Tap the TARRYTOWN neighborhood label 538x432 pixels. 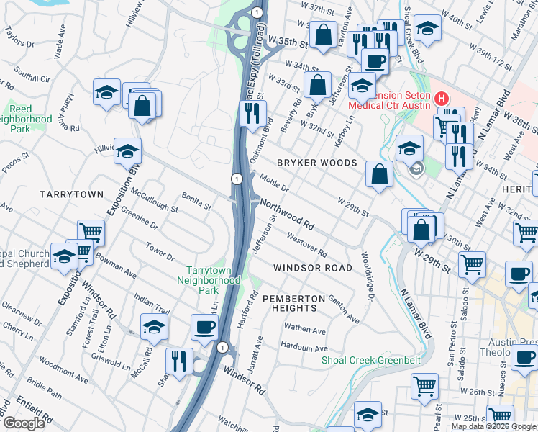click(72, 195)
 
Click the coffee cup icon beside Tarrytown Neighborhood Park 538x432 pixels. click(205, 328)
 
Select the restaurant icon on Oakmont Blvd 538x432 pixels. click(252, 113)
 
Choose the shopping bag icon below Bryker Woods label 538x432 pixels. click(379, 174)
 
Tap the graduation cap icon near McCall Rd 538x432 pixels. click(154, 327)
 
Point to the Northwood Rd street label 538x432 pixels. click(288, 215)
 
